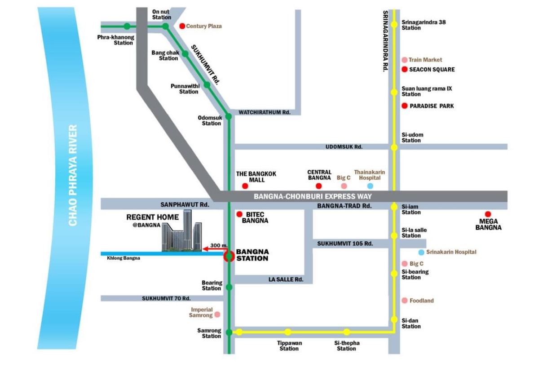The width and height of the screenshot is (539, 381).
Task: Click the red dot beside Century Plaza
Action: click(x=182, y=26)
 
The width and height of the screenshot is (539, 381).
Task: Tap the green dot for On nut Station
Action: click(x=166, y=27)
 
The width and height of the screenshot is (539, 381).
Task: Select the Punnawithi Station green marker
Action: click(x=207, y=84)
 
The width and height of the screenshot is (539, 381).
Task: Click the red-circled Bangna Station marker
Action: click(x=229, y=256)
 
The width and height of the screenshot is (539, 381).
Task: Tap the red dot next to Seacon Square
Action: click(x=404, y=69)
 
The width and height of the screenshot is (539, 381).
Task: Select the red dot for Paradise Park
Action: click(x=404, y=106)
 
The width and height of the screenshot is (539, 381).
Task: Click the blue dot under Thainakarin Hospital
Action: click(x=370, y=186)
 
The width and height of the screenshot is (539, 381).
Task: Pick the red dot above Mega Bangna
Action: click(x=488, y=214)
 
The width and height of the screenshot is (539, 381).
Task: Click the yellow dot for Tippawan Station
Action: click(x=288, y=332)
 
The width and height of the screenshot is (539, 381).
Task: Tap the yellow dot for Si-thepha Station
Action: click(x=347, y=332)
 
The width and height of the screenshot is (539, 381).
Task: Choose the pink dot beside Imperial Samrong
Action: click(x=217, y=315)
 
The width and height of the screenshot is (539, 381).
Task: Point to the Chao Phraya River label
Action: click(x=73, y=175)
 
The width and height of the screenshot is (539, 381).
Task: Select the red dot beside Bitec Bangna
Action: click(x=239, y=214)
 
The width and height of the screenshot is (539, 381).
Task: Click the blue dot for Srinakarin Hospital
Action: click(x=421, y=252)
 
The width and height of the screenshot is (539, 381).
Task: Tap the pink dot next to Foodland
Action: click(x=405, y=301)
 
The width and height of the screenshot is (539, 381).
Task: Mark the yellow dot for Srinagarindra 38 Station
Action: click(x=394, y=25)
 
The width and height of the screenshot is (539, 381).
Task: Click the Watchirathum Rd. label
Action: click(x=265, y=112)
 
